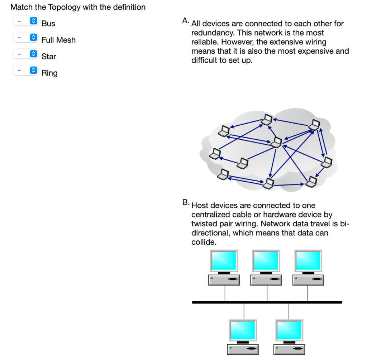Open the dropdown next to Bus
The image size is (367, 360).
(25, 21)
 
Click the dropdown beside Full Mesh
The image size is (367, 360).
(25, 37)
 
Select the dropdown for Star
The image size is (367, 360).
(25, 54)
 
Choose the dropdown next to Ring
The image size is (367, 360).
(25, 70)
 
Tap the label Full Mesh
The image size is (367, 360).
(58, 40)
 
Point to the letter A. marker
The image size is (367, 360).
(185, 21)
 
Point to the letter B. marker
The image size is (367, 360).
(185, 202)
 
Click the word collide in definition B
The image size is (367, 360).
(204, 242)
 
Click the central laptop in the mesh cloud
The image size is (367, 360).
(276, 142)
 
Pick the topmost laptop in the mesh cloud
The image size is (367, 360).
(267, 119)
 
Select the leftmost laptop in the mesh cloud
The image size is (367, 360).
(215, 153)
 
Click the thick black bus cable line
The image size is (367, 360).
(267, 302)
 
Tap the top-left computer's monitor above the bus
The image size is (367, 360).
(224, 260)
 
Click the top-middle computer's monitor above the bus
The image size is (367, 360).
(266, 260)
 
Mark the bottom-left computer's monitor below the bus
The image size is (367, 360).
(243, 330)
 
